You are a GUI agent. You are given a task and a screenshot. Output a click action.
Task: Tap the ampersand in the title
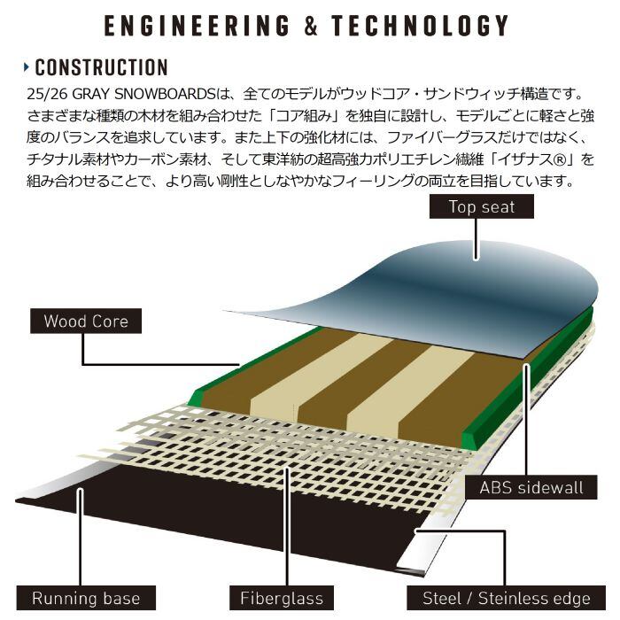[310, 24]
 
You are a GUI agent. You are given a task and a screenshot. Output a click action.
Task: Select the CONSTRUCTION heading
[101, 67]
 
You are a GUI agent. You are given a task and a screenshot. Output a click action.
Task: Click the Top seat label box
[481, 208]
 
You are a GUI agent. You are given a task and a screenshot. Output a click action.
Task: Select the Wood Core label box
[86, 321]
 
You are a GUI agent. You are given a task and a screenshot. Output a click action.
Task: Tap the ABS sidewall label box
[531, 487]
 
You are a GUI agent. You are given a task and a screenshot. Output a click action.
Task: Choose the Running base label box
[86, 598]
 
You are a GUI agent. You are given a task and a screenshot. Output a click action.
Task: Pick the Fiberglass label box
[282, 598]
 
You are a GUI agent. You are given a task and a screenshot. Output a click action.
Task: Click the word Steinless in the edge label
[520, 598]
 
